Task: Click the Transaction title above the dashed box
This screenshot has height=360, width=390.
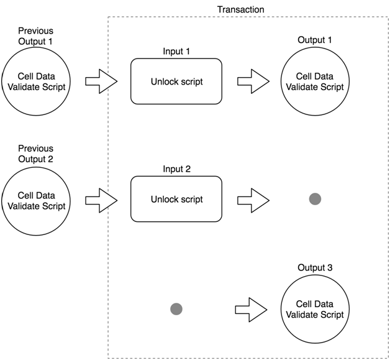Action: (x=240, y=9)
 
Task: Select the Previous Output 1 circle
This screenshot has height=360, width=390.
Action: (x=36, y=81)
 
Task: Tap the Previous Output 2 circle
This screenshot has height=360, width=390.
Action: (x=36, y=200)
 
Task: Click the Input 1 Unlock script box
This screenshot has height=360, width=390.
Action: (x=176, y=81)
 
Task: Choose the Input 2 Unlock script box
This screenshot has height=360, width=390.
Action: (x=176, y=200)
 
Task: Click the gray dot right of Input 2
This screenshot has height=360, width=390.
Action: (x=315, y=199)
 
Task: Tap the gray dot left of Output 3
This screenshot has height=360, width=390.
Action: (x=176, y=308)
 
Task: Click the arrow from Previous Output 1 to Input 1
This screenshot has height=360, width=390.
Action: (x=101, y=81)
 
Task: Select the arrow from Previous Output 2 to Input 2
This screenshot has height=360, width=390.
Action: (x=101, y=200)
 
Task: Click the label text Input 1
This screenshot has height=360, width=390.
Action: (x=176, y=51)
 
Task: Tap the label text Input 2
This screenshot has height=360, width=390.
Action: (x=176, y=169)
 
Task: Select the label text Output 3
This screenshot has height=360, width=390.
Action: (x=315, y=268)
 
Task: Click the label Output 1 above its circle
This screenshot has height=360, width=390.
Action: (x=315, y=40)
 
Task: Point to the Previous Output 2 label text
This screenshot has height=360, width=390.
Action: (x=35, y=154)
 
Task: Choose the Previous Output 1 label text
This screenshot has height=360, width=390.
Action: (x=35, y=35)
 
